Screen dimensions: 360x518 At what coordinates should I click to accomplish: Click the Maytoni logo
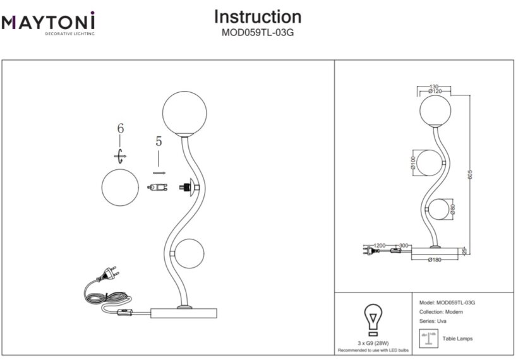(49, 23)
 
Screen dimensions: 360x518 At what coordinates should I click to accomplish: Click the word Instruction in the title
(257, 16)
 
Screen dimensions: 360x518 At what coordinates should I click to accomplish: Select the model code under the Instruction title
(257, 35)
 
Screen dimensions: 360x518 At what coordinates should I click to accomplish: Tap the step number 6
(121, 128)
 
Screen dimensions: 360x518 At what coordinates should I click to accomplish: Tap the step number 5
(159, 142)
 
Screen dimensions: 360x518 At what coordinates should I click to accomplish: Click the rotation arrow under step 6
(121, 154)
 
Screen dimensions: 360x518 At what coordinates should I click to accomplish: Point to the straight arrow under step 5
(159, 171)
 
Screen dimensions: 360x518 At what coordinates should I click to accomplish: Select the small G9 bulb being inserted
(157, 187)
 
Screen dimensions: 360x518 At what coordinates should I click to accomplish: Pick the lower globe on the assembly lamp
(190, 255)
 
